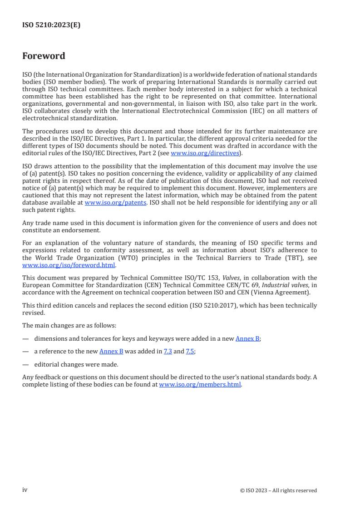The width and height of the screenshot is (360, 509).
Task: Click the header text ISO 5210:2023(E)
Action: pos(51,25)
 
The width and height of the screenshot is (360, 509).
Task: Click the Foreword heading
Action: pos(44,56)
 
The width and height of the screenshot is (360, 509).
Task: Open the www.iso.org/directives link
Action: pos(205,153)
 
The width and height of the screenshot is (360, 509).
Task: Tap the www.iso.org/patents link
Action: pos(115,203)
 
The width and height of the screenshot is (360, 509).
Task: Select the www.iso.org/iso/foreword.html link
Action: pos(69,265)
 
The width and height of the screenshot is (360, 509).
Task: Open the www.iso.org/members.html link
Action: pos(200,384)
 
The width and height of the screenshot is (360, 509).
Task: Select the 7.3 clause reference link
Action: pos(168,351)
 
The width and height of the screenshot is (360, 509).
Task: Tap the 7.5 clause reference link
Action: pos(190,351)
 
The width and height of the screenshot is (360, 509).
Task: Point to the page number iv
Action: pos(25,490)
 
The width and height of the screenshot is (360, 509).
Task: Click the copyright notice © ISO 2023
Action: pos(278,490)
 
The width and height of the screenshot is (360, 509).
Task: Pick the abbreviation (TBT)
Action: pos(286,258)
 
